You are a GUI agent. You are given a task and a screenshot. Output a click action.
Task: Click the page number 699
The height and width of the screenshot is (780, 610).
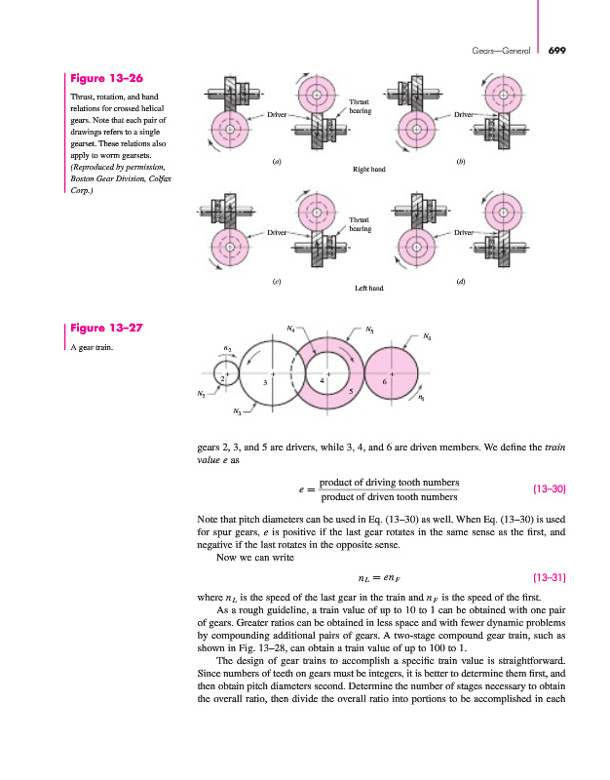point(557,51)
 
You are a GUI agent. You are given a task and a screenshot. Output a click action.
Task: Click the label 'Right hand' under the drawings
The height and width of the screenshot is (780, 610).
point(367,169)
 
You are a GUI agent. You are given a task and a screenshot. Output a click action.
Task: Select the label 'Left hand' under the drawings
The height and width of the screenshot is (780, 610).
point(367,289)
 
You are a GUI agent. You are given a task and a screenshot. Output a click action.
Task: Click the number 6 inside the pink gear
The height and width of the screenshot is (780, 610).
point(385,382)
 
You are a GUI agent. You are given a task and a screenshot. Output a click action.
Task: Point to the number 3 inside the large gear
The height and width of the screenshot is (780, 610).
point(265,383)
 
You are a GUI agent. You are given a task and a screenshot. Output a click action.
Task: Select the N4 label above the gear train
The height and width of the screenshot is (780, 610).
point(292,328)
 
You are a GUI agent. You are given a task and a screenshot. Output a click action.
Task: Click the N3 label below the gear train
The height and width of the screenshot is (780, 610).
point(238,412)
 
